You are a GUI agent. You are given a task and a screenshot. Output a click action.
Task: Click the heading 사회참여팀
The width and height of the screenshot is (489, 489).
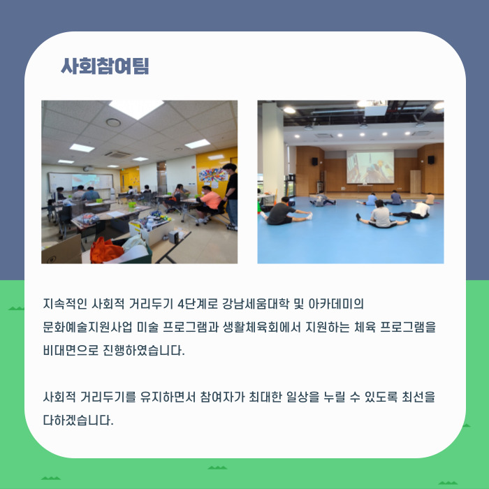[105, 66]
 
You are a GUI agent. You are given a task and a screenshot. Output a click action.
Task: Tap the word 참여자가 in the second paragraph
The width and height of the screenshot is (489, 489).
[238, 397]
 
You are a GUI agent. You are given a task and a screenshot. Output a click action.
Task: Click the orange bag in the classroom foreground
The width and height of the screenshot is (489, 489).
[107, 249]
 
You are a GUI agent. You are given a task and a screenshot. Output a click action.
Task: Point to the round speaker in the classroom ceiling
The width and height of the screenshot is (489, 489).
[114, 123]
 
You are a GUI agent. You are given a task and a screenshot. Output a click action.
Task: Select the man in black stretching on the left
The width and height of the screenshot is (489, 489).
[284, 212]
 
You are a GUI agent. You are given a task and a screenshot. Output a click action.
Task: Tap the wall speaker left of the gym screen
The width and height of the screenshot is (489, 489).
[314, 161]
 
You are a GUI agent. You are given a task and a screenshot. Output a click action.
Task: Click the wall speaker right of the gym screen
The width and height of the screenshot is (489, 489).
[430, 160]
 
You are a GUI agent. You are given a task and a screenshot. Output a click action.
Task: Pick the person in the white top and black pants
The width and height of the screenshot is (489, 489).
[417, 210]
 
